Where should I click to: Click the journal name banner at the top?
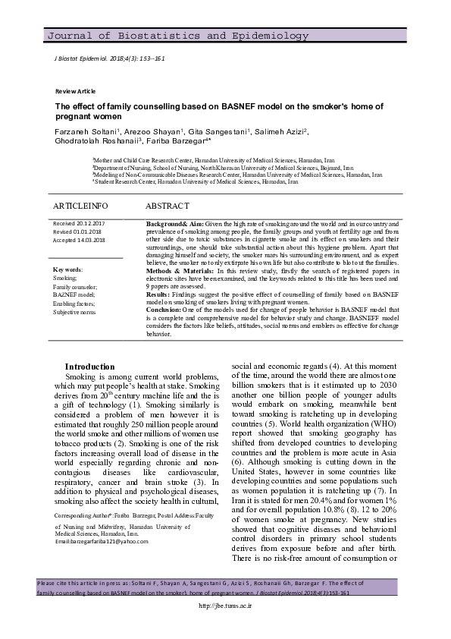pyautogui.click(x=178, y=36)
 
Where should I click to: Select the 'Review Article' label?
pyautogui.click(x=75, y=91)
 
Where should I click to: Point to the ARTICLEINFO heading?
pyautogui.click(x=80, y=206)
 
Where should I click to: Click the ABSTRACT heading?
pyautogui.click(x=167, y=206)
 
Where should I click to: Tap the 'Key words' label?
pyautogui.click(x=68, y=269)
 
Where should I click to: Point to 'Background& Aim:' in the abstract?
pyautogui.click(x=174, y=225)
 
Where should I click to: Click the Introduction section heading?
pyautogui.click(x=89, y=367)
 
